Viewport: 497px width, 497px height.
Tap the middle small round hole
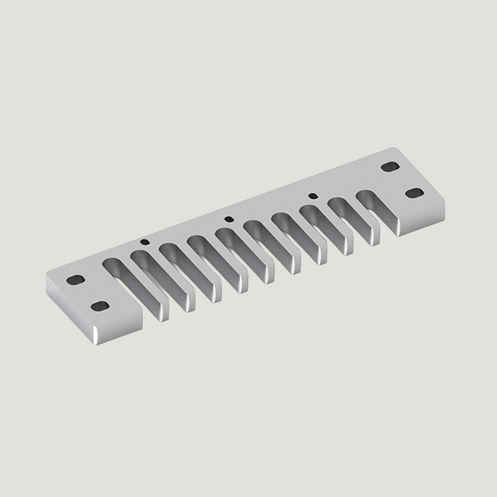click(228, 218)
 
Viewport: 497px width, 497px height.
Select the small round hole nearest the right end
click(312, 196)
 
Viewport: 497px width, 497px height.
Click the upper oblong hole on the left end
click(75, 280)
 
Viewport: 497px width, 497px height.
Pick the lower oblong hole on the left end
click(99, 305)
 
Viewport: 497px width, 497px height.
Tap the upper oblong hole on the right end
click(389, 166)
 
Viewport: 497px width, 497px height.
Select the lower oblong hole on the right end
click(415, 192)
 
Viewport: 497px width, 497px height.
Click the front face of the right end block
click(423, 221)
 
